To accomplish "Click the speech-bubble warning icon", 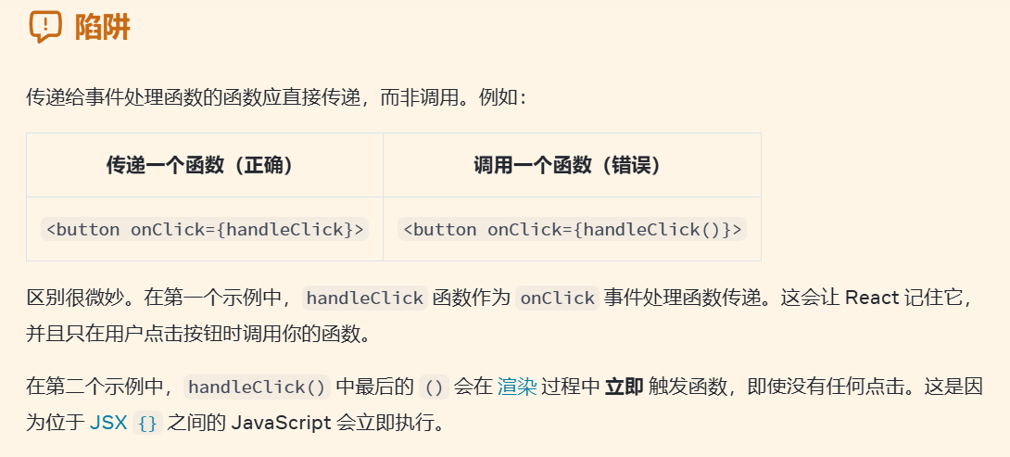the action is coord(45,27).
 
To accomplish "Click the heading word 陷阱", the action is coord(102,28).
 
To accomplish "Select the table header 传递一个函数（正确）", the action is coord(200,165).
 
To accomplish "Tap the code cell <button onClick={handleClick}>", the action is coord(205,229).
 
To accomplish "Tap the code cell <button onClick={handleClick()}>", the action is coord(572,229).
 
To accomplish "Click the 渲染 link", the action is coord(517,387).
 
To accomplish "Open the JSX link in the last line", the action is coord(107,423).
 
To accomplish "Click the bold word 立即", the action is coord(624,387).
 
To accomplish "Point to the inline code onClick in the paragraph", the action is coord(557,298).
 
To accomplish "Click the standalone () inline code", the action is coord(434,387).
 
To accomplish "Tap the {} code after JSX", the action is coord(147,424).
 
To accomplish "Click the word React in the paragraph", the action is coord(872,298).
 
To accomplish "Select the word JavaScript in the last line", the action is coord(281,423).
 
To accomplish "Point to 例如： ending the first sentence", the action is coord(502,96).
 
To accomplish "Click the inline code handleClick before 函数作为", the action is coord(364,298).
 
